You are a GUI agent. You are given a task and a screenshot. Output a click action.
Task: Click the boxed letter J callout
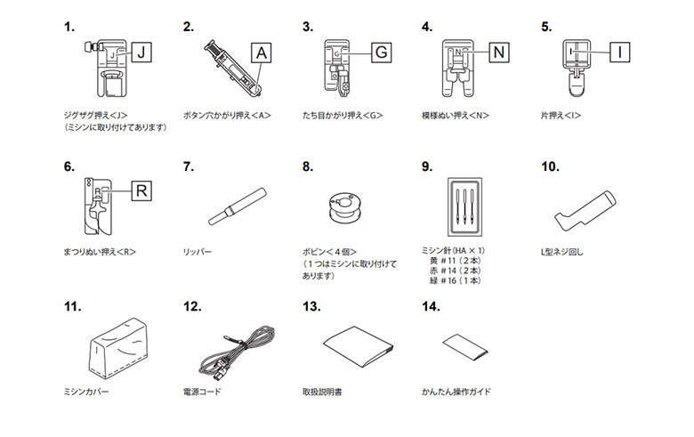coord(142,54)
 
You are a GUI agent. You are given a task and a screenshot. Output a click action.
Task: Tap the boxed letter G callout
coord(380,53)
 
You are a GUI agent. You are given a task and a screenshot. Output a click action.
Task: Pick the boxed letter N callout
coord(499,53)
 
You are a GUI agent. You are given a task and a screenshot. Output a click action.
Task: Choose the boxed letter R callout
coord(142,190)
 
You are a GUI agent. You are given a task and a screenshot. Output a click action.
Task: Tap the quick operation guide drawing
coord(464,346)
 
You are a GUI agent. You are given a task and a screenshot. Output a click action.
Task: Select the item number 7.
coord(188,166)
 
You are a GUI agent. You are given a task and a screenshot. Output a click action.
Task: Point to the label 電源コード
coord(201,392)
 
